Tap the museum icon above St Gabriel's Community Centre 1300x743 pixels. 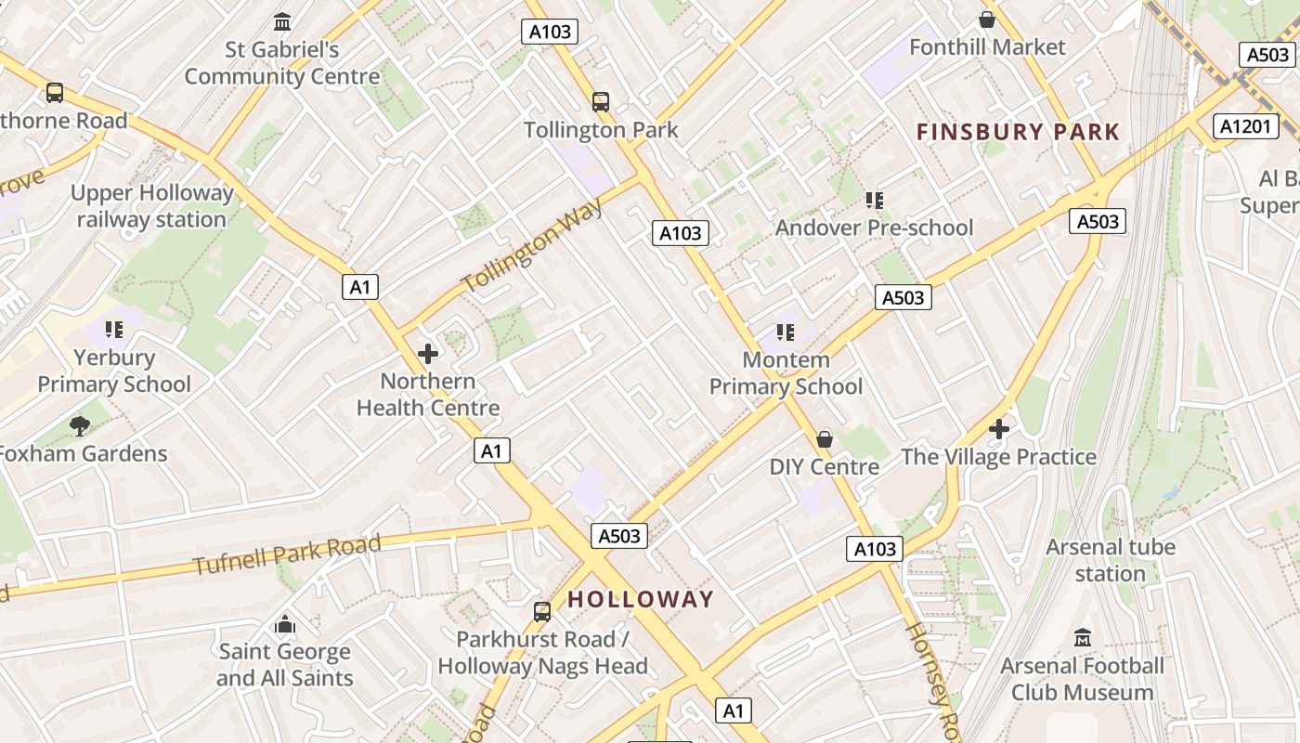point(282,21)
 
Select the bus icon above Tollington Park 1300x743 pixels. point(601,102)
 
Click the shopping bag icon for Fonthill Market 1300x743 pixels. point(987,20)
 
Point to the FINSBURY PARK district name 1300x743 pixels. point(1019,132)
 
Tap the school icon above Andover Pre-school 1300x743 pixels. point(874,200)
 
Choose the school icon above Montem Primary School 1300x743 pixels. point(786,332)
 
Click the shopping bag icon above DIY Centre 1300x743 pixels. point(825,439)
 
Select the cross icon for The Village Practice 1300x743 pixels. point(999,429)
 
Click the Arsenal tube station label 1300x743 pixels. point(1111,560)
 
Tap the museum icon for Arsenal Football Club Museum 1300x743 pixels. point(1083,638)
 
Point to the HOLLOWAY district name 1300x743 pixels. point(641,599)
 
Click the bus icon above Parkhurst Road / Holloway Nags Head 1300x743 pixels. point(542,612)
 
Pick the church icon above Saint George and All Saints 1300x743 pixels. point(285,624)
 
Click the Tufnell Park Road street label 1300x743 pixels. point(287,554)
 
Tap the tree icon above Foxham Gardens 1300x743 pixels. point(80,425)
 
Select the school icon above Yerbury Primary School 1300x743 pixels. point(114,329)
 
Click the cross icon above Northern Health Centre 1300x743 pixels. point(428,354)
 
